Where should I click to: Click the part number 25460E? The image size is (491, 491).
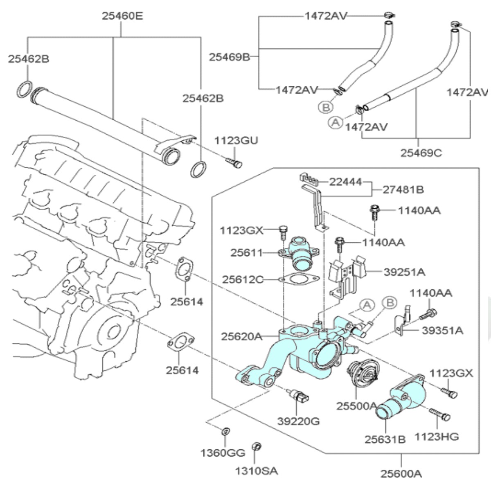pyautogui.click(x=122, y=16)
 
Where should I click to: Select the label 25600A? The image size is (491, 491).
pyautogui.click(x=401, y=473)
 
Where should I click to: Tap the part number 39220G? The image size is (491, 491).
pyautogui.click(x=298, y=421)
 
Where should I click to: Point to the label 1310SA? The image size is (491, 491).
pyautogui.click(x=257, y=471)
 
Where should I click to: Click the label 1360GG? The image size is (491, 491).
pyautogui.click(x=223, y=453)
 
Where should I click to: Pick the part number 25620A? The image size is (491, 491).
pyautogui.click(x=241, y=336)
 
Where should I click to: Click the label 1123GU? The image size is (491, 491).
pyautogui.click(x=236, y=141)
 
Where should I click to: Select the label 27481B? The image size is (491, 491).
pyautogui.click(x=403, y=189)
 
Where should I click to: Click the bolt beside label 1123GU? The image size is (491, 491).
pyautogui.click(x=234, y=163)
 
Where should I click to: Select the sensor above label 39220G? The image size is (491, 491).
pyautogui.click(x=298, y=396)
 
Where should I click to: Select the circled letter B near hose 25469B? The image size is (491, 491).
pyautogui.click(x=326, y=107)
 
